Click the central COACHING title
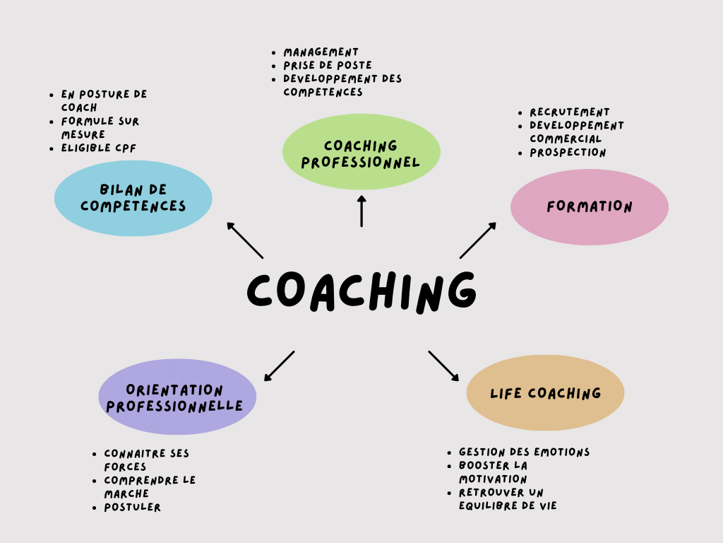click(x=361, y=290)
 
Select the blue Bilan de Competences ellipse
click(x=133, y=198)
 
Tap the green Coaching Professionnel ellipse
click(x=361, y=153)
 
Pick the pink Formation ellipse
click(x=590, y=207)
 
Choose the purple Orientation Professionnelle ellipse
click(x=177, y=397)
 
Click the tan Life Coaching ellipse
click(x=545, y=393)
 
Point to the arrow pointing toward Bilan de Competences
click(x=244, y=240)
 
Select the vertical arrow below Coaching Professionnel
click(x=361, y=211)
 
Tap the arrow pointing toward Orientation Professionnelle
click(x=280, y=366)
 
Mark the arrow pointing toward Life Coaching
click(x=443, y=366)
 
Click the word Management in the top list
click(x=321, y=52)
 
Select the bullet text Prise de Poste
click(x=328, y=65)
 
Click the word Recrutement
click(x=570, y=112)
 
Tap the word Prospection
click(x=568, y=152)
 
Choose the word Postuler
click(x=133, y=507)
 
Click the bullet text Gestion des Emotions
click(x=524, y=452)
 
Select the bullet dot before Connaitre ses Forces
click(x=94, y=454)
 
